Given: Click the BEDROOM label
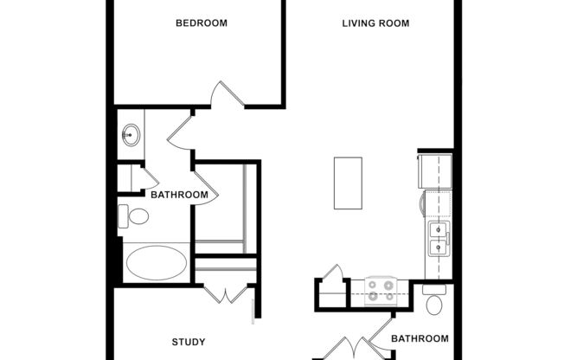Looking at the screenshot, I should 202,23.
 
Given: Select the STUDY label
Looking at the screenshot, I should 188,341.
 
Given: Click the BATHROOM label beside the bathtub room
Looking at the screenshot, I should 179,195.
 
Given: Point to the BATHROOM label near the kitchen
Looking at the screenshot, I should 420,338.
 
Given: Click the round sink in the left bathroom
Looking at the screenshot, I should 131,135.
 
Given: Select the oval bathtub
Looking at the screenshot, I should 156,262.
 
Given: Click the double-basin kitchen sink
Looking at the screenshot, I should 439,239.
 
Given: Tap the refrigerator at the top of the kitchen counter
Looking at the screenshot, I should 435,170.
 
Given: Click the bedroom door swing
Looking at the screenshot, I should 227,95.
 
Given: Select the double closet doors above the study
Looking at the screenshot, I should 228,293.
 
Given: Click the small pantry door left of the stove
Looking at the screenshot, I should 331,278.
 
